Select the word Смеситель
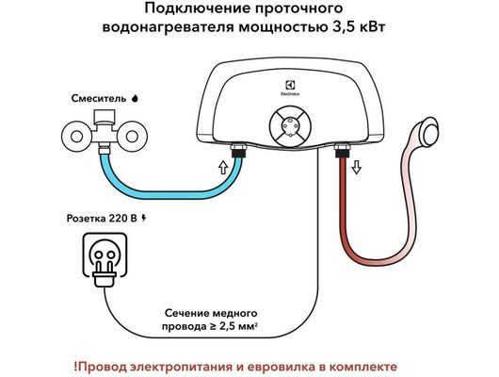pos(97,97)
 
